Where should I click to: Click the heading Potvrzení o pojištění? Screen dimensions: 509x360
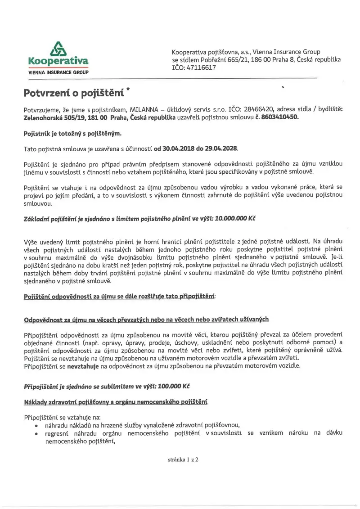coord(74,93)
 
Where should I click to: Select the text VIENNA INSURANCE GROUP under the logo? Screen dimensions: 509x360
coord(58,72)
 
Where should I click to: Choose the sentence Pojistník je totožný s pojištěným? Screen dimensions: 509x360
coord(72,133)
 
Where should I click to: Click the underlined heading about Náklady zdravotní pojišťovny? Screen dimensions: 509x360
coord(115,401)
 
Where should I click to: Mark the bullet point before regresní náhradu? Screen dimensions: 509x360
coord(36,433)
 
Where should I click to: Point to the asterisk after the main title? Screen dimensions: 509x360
coord(128,90)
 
